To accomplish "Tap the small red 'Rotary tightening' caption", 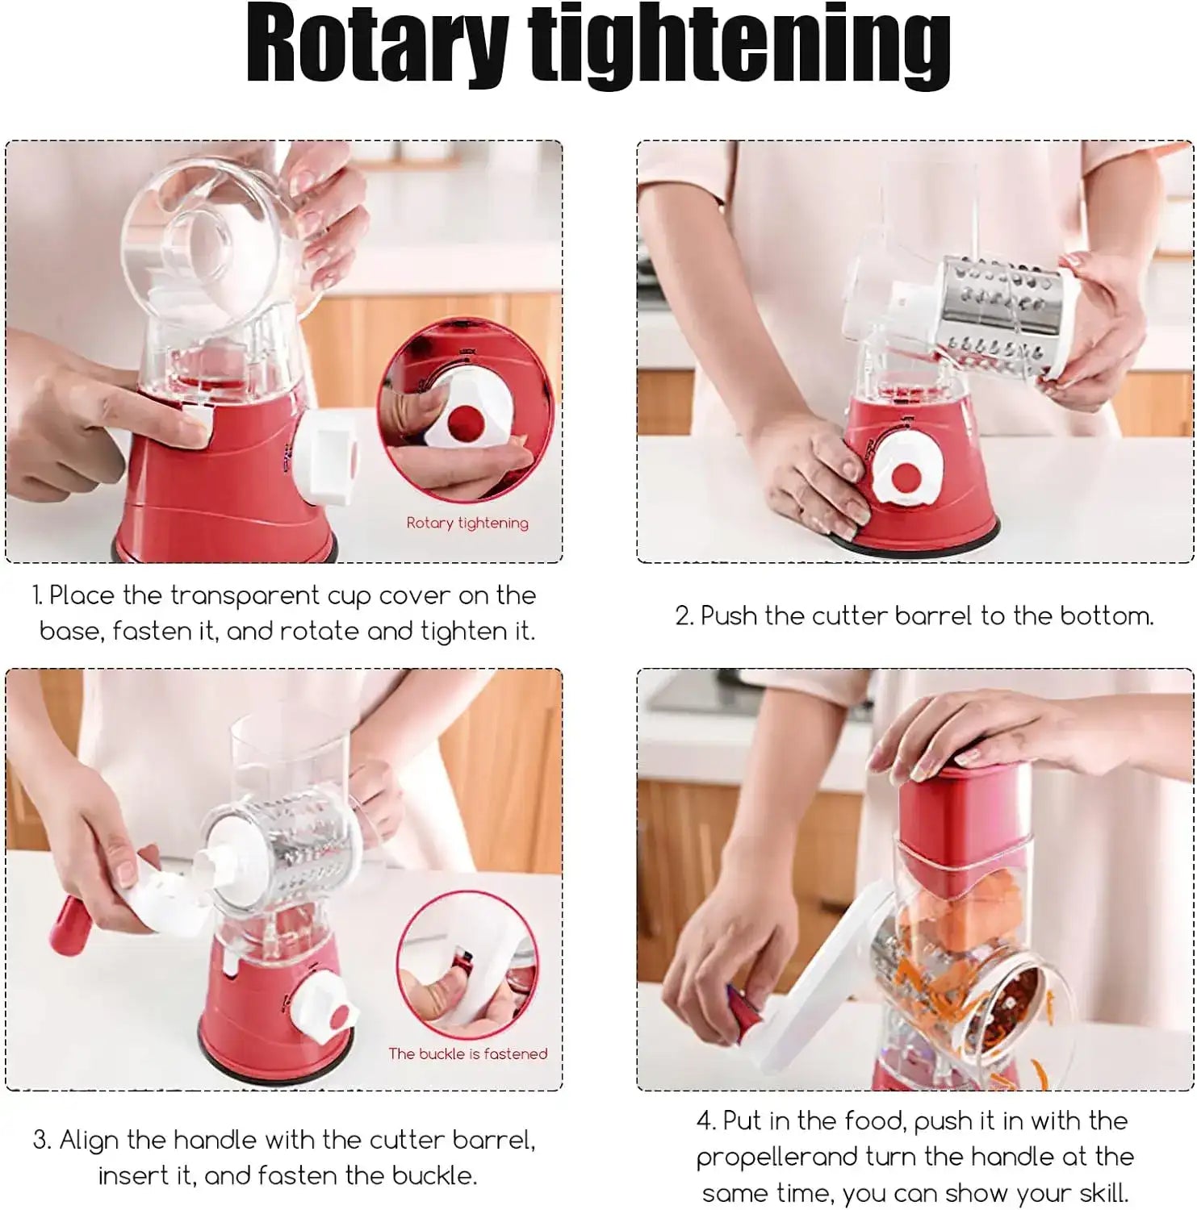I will coord(467,523).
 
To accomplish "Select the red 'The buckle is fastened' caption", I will coord(467,1054).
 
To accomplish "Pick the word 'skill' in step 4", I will coord(1099,1193).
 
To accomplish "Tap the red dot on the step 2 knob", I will coord(906,478).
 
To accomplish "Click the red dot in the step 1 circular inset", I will coord(463,419).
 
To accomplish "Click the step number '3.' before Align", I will coord(42,1141).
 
